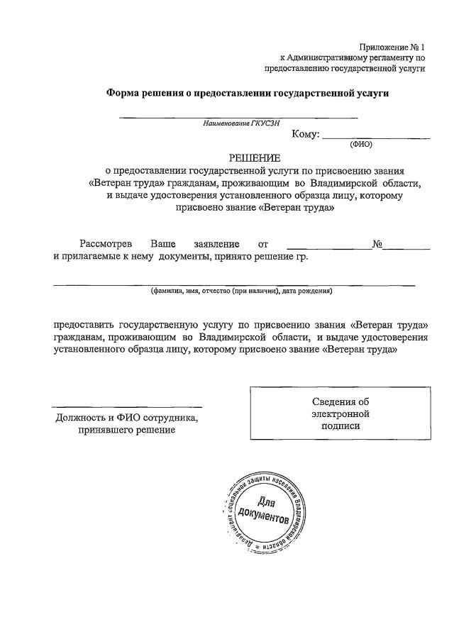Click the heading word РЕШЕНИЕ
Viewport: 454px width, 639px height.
click(254, 157)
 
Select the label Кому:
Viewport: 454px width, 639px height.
click(306, 135)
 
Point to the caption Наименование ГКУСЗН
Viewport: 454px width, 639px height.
click(237, 123)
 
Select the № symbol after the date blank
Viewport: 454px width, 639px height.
click(377, 244)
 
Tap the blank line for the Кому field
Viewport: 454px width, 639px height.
click(366, 138)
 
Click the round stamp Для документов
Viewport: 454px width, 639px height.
click(264, 511)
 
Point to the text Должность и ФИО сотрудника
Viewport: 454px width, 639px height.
click(127, 418)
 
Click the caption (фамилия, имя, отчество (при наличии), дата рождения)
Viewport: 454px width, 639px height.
click(240, 291)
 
